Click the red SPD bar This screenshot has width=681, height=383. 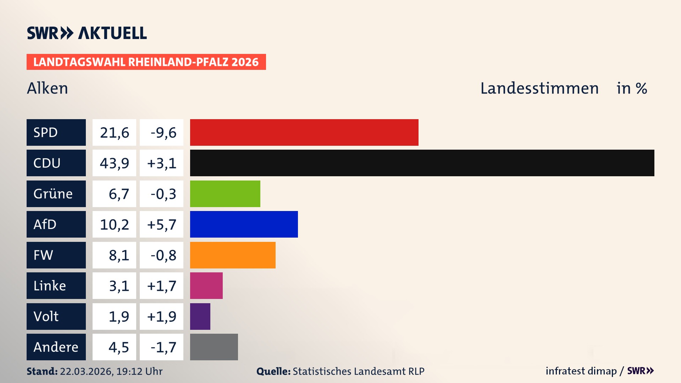[x=304, y=132]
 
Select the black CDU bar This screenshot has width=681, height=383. [x=422, y=163]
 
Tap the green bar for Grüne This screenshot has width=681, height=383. [x=225, y=194]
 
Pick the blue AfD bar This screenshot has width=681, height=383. [x=244, y=224]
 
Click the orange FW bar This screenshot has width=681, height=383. [x=233, y=255]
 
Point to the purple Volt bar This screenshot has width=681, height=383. [x=200, y=316]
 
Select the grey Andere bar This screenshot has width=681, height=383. [x=214, y=347]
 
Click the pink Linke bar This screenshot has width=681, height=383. [x=206, y=285]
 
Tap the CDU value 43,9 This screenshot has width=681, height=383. [x=114, y=163]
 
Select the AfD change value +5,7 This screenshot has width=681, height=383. [x=162, y=224]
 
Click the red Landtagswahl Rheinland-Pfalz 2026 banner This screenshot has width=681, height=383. [x=146, y=62]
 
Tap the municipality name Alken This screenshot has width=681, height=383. [x=48, y=88]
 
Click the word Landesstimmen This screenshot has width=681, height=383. [x=539, y=88]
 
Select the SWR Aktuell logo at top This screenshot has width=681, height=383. [x=87, y=33]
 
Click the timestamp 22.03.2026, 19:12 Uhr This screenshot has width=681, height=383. [x=111, y=371]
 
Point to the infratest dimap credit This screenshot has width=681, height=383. [x=581, y=371]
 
